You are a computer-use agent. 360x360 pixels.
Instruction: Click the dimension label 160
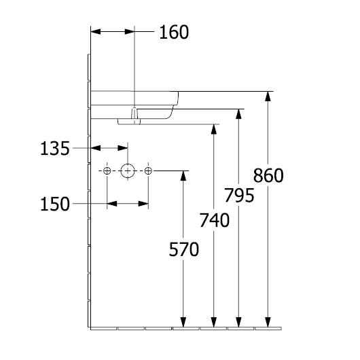[x=173, y=32]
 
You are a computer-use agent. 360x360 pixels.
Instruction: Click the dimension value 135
[x=56, y=148]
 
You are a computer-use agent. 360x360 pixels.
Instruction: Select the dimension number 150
[x=56, y=203]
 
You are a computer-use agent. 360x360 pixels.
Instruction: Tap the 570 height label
[x=183, y=250]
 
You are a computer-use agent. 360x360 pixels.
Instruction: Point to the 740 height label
[x=215, y=220]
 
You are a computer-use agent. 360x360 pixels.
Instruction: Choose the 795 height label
[x=239, y=196]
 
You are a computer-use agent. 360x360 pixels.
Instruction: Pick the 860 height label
[x=268, y=175]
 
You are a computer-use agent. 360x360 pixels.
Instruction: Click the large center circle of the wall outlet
[x=128, y=170]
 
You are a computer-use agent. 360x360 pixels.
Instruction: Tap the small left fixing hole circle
[x=107, y=170]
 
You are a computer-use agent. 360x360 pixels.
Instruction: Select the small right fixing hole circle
[x=149, y=170]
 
